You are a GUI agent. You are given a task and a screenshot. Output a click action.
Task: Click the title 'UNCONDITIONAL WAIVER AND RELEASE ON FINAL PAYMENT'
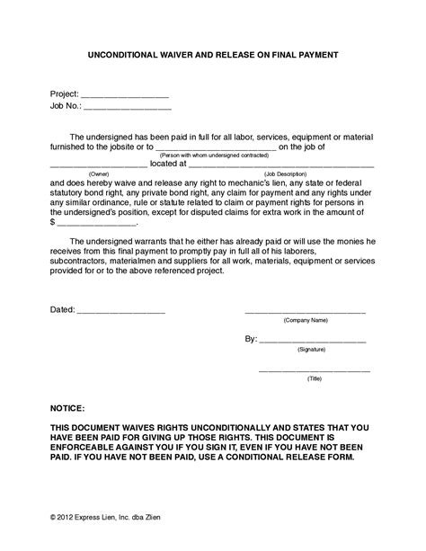pos(213,55)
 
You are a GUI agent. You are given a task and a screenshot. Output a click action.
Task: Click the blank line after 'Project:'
pos(126,93)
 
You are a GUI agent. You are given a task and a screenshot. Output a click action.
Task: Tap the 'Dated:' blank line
pos(121,311)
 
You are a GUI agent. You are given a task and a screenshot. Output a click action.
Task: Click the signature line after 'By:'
pos(312,341)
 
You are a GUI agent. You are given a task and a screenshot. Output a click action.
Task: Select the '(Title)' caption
pos(315,379)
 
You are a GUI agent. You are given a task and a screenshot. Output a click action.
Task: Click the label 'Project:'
pos(65,93)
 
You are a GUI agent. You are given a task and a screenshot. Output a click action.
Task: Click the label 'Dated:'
pos(62,310)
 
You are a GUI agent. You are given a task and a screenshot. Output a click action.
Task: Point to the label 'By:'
pos(251,340)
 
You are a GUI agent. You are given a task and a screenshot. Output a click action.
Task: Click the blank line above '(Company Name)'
pos(306,311)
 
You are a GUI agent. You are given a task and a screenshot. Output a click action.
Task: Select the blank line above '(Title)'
pos(315,370)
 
